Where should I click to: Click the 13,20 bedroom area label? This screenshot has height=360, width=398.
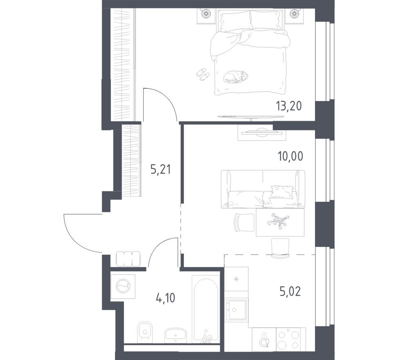[x=288, y=106]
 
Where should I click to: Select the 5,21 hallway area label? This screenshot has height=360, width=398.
[x=161, y=170]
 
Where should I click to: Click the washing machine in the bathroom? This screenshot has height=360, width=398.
[x=122, y=286]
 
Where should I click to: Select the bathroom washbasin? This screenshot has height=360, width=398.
[x=176, y=335]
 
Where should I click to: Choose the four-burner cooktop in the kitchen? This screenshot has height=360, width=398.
[x=291, y=339]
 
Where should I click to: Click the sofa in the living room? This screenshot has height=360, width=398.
[x=263, y=189]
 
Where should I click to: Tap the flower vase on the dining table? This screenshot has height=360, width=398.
[x=277, y=221]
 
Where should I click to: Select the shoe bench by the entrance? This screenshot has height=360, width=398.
[x=128, y=259]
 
